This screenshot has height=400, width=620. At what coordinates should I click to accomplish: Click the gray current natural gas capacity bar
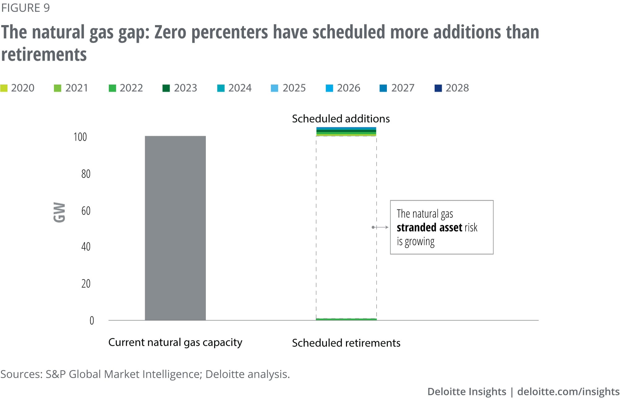click(x=175, y=228)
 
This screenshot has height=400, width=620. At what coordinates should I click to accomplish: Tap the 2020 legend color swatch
click(x=4, y=88)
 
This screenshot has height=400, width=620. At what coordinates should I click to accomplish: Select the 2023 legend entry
click(x=180, y=88)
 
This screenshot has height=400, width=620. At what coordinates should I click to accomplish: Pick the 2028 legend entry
click(x=452, y=88)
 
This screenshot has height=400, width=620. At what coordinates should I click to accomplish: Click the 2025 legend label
click(x=294, y=88)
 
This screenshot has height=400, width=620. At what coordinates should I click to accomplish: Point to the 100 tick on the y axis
click(x=80, y=137)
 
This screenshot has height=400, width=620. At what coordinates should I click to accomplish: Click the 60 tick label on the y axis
click(x=86, y=211)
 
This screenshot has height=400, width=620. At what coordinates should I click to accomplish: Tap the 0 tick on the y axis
click(x=92, y=320)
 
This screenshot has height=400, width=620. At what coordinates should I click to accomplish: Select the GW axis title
click(x=59, y=212)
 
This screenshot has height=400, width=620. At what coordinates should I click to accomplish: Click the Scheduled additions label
click(x=341, y=119)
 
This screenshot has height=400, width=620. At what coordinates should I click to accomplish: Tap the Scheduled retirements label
click(x=346, y=343)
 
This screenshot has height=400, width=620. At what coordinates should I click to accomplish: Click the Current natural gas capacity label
click(x=175, y=342)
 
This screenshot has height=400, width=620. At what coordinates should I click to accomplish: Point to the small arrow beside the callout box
click(x=380, y=227)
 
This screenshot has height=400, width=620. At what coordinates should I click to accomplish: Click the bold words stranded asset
click(x=429, y=228)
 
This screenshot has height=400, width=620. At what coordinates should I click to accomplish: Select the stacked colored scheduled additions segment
click(x=346, y=132)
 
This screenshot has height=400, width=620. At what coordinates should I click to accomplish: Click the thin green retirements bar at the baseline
click(x=346, y=319)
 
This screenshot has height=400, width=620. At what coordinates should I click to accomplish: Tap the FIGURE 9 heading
click(x=25, y=8)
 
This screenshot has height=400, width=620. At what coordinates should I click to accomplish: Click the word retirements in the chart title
click(x=44, y=55)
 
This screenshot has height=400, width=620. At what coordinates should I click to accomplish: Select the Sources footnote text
click(x=145, y=374)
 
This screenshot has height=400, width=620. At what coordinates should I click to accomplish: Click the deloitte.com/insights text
click(x=568, y=392)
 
